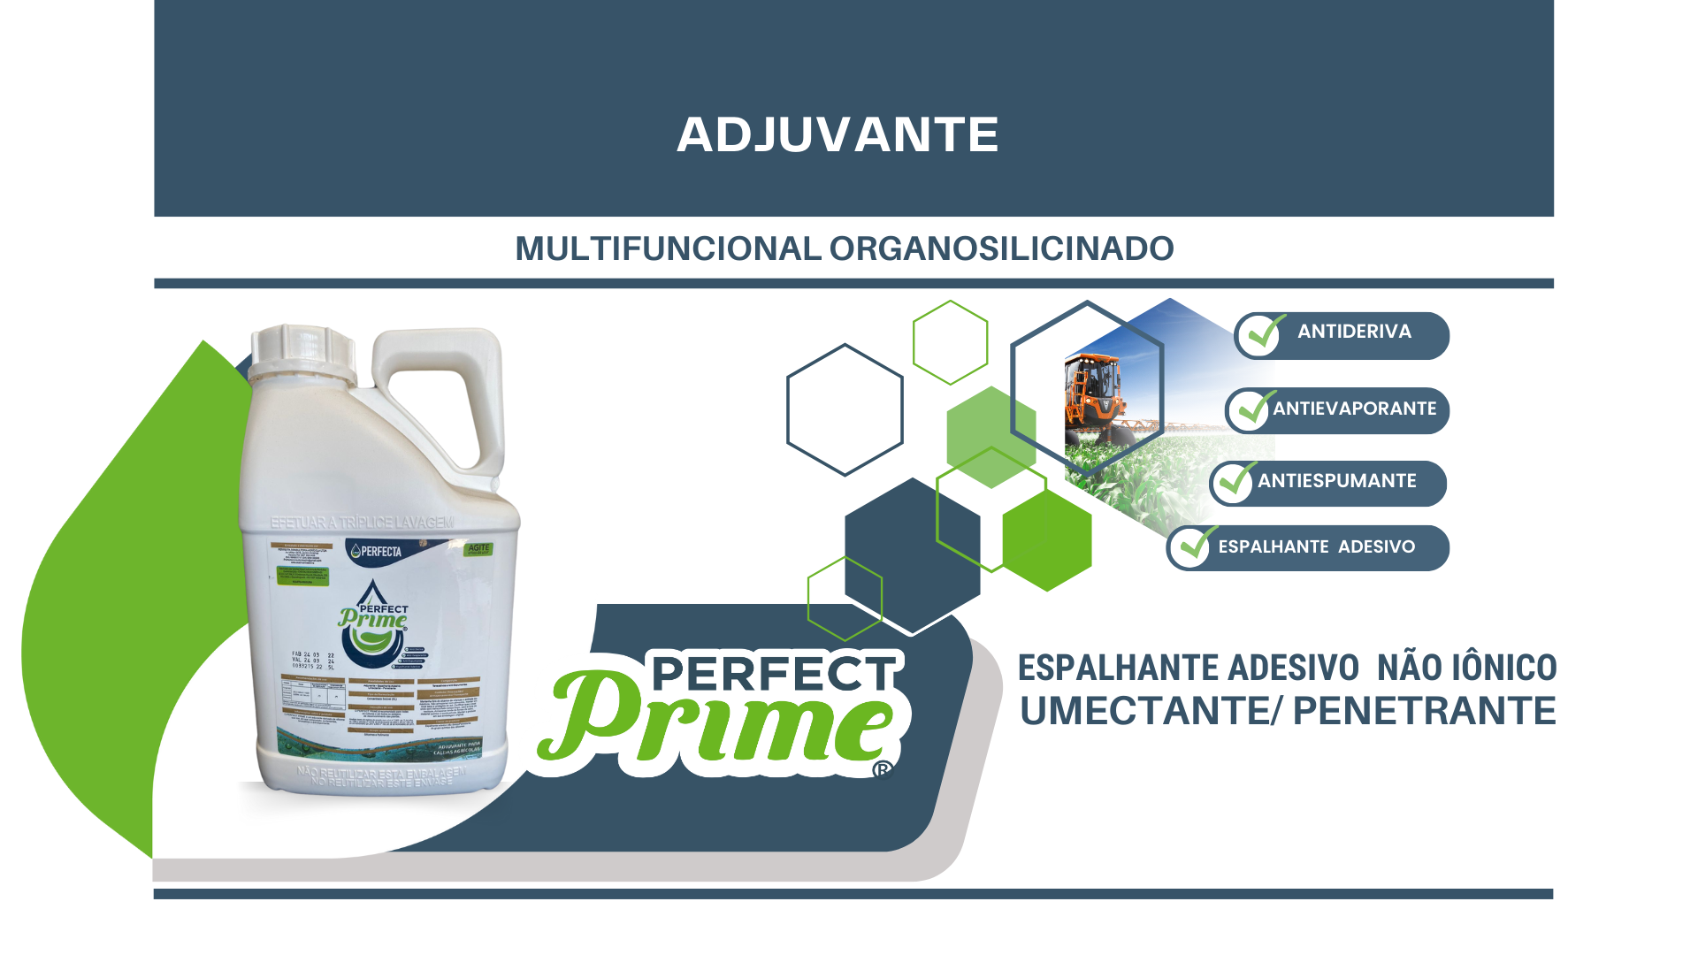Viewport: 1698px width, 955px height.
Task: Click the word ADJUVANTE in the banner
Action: coord(838,135)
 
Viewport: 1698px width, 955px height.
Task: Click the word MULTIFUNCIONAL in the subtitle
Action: coord(668,249)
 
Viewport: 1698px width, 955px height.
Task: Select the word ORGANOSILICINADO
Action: coord(1001,249)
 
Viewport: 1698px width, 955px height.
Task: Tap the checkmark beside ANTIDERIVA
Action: coord(1263,334)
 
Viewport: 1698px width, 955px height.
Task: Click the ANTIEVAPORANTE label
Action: coord(1354,409)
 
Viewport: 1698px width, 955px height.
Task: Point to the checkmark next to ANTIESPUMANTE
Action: coord(1235,482)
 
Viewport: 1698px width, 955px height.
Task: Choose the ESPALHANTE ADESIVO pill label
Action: coord(1316,547)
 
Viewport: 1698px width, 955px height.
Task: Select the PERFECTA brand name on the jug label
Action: coord(380,552)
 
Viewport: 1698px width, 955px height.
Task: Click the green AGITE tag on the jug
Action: coord(478,549)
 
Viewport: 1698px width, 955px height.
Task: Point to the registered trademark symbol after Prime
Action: coord(882,770)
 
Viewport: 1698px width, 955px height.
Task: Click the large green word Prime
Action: coord(716,721)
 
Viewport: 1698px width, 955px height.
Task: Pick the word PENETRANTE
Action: coord(1424,712)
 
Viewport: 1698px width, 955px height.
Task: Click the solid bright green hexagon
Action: coord(1047,540)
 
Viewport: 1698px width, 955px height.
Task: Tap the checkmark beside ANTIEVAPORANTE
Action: coord(1253,409)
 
